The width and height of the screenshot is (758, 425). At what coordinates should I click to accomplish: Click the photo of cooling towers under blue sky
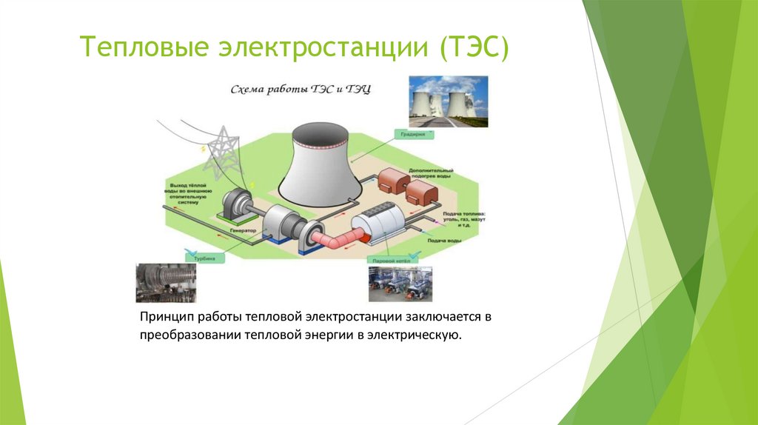(449, 101)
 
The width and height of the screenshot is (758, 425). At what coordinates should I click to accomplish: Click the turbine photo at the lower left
(167, 283)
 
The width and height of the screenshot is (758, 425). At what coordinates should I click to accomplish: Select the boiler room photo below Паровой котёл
(400, 284)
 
